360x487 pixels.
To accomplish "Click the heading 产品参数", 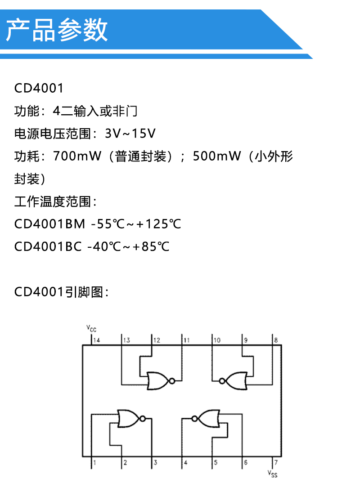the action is click(57, 30).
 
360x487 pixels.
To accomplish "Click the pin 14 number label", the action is click(97, 340).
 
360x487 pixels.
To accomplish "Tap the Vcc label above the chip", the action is click(91, 328).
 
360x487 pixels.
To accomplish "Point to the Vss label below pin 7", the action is click(272, 474).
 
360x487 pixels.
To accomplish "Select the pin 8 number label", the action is click(276, 340).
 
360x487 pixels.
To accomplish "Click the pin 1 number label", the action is click(94, 462).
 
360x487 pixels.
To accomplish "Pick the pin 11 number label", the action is click(187, 340).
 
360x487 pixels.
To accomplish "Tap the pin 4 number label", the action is click(185, 462).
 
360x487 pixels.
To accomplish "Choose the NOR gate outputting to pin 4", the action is click(206, 418).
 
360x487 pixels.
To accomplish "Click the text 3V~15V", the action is click(130, 134).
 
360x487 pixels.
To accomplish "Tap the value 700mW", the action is click(77, 156).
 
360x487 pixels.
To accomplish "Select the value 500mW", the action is click(217, 156).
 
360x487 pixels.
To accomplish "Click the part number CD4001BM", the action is click(49, 224).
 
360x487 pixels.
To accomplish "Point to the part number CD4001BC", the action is click(48, 246).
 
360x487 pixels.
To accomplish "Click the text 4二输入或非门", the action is click(95, 111).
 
